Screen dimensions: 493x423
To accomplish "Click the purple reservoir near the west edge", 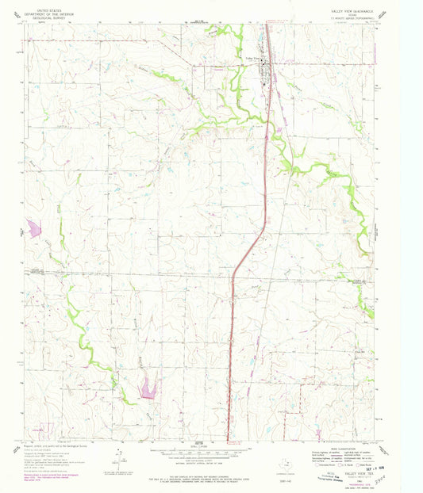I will pos(34,228).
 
